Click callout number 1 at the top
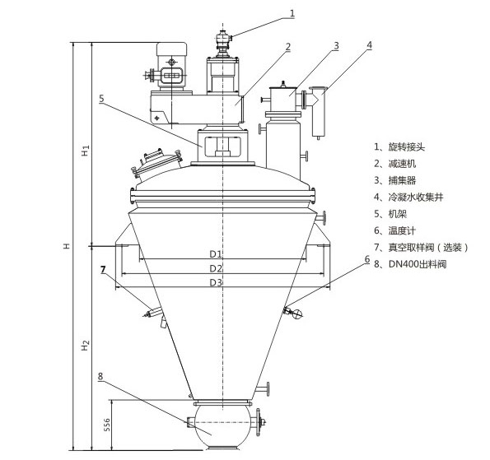(x=292, y=12)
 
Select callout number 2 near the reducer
(x=287, y=47)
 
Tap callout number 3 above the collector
(x=337, y=45)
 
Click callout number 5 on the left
(x=100, y=98)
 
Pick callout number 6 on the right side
(x=366, y=259)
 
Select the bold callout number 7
(x=103, y=269)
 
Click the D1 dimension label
(x=216, y=255)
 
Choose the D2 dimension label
(x=216, y=268)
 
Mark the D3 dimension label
(x=216, y=282)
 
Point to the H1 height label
(x=85, y=151)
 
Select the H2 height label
(x=85, y=345)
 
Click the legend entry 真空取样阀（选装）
(x=421, y=247)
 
